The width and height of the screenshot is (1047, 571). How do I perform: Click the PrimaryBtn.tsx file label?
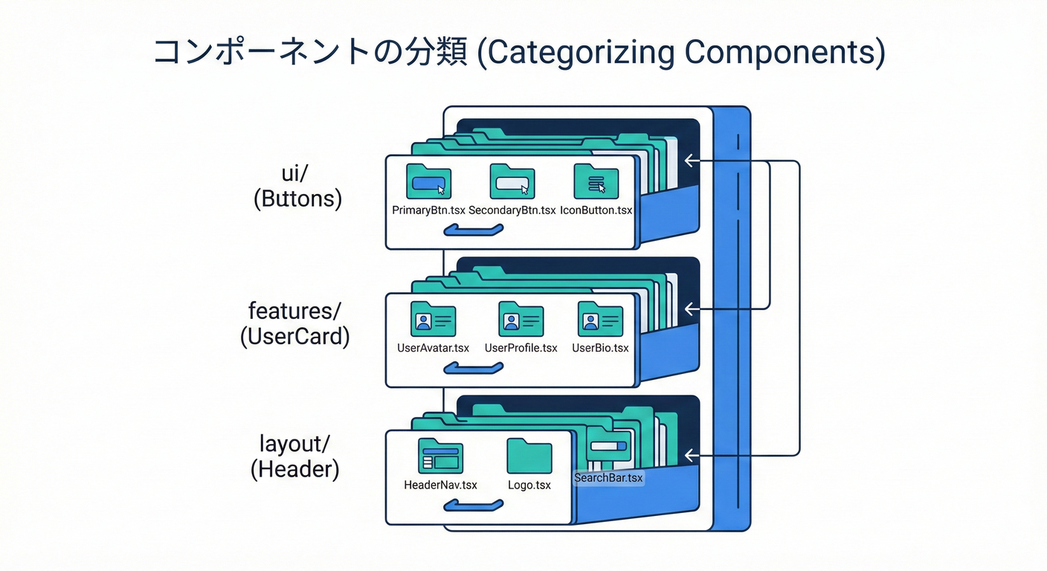(x=428, y=210)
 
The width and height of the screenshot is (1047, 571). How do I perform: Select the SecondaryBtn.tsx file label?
(x=512, y=210)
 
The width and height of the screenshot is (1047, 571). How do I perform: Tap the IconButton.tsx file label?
(x=596, y=210)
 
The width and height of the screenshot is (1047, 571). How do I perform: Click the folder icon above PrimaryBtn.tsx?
(x=429, y=181)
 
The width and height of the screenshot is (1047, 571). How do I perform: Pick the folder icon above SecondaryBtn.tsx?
(x=512, y=181)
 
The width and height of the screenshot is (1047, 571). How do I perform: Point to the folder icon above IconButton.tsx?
(x=596, y=181)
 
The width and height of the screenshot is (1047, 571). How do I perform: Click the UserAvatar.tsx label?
(x=434, y=348)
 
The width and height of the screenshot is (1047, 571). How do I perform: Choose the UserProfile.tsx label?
(x=521, y=348)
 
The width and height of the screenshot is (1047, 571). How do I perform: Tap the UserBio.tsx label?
(x=600, y=348)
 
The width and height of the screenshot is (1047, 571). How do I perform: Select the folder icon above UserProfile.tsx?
(x=521, y=319)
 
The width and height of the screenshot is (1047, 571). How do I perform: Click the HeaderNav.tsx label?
(x=440, y=485)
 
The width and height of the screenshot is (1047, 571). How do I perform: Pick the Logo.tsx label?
(x=529, y=485)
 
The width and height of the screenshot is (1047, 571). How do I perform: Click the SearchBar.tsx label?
(x=608, y=478)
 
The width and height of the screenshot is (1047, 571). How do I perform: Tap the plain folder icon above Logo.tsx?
(x=529, y=456)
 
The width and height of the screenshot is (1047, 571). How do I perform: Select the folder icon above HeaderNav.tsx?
(x=440, y=456)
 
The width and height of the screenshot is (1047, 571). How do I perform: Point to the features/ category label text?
(x=294, y=310)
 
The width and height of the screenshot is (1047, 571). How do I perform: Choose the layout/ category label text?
(x=294, y=444)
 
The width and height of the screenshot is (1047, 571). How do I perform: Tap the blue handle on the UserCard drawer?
(x=473, y=368)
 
